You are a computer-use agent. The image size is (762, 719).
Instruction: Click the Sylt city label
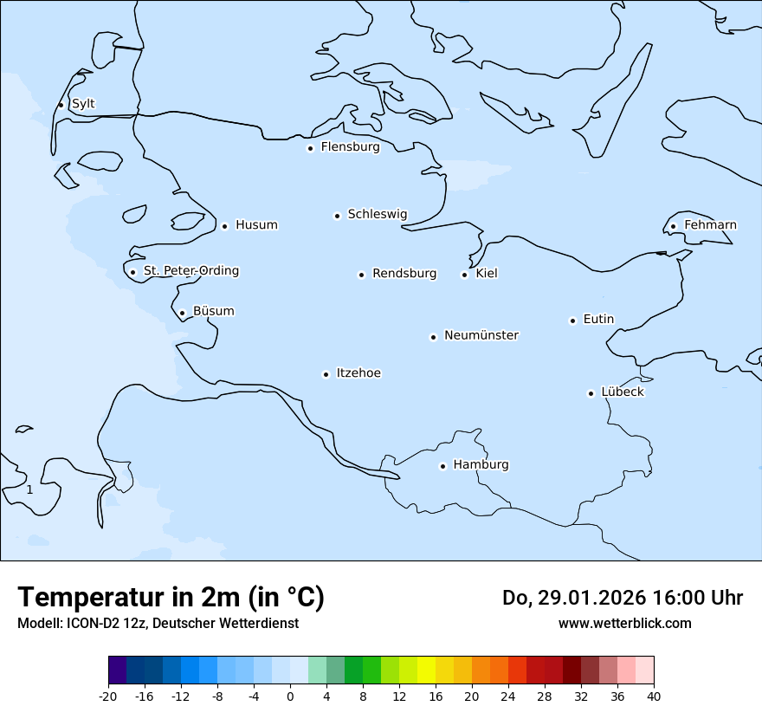[83, 104]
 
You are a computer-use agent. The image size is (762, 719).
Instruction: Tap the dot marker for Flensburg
[310, 148]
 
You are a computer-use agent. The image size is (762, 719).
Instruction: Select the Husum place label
[256, 225]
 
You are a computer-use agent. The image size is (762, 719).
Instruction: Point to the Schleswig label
[377, 214]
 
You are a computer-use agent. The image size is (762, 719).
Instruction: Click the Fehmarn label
[710, 225]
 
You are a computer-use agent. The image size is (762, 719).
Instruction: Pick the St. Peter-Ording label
[190, 271]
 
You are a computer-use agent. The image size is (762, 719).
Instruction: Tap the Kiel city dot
[464, 275]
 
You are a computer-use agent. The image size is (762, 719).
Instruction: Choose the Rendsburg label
[404, 274]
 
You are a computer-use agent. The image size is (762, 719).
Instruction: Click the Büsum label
[213, 311]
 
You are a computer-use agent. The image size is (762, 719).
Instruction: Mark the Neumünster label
[481, 335]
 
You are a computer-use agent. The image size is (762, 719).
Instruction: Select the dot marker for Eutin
[572, 321]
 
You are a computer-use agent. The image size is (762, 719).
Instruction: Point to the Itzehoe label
[358, 373]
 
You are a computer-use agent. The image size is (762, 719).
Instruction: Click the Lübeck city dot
[591, 393]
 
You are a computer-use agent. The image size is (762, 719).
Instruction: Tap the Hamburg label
[481, 464]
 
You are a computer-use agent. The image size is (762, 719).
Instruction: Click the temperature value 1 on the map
[29, 490]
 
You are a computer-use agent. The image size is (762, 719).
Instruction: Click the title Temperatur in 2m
[171, 598]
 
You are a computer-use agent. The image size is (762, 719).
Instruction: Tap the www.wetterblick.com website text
[624, 624]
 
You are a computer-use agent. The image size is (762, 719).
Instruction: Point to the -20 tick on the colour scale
[108, 696]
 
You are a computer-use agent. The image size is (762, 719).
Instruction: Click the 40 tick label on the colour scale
[654, 696]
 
